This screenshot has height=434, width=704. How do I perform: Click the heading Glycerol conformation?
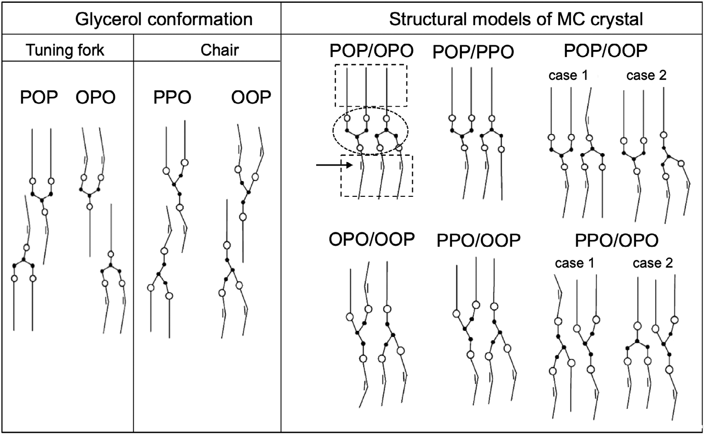(x=164, y=19)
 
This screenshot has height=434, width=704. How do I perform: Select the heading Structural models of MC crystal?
(x=516, y=19)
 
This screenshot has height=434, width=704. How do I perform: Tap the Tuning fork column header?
(x=65, y=50)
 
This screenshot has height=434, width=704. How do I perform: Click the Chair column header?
(x=219, y=50)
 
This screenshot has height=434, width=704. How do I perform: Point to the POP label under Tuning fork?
(x=39, y=97)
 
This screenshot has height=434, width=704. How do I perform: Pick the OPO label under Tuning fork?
(x=95, y=97)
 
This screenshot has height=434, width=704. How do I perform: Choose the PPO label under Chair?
(x=172, y=97)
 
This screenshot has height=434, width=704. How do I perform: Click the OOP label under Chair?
(x=251, y=97)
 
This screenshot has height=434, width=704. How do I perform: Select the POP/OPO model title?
(x=372, y=50)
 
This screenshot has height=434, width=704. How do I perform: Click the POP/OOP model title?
(x=606, y=50)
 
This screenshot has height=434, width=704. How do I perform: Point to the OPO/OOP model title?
(x=372, y=239)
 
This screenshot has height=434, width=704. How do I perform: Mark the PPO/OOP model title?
(x=479, y=241)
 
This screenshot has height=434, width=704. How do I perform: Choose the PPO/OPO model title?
(x=617, y=241)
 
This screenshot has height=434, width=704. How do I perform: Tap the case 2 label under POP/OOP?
(x=646, y=75)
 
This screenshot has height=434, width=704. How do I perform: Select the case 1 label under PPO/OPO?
(x=574, y=263)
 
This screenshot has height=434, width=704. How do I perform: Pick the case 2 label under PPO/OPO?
(x=653, y=263)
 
